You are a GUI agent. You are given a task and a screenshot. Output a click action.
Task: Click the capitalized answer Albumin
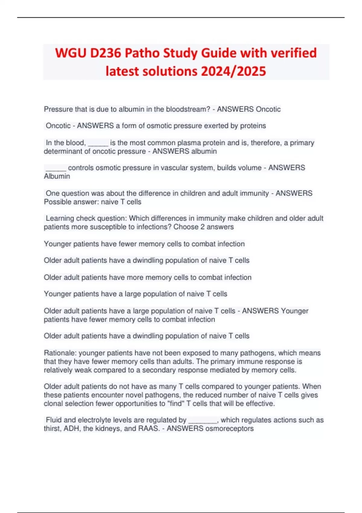[x=57, y=176]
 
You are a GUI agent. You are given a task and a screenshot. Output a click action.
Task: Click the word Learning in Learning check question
[x=60, y=218]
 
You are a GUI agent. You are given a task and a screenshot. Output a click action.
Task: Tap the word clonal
[x=53, y=403]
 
